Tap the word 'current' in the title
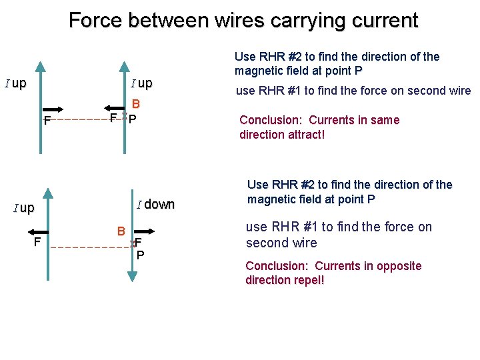(x=382, y=20)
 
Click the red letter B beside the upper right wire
(x=135, y=104)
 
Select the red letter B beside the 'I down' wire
(x=121, y=231)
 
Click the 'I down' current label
(x=155, y=205)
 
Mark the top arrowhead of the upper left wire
(x=41, y=66)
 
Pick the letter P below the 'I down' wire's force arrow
(x=140, y=255)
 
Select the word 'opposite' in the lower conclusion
(x=401, y=266)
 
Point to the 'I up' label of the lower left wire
(x=24, y=208)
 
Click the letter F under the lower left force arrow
(x=38, y=241)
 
